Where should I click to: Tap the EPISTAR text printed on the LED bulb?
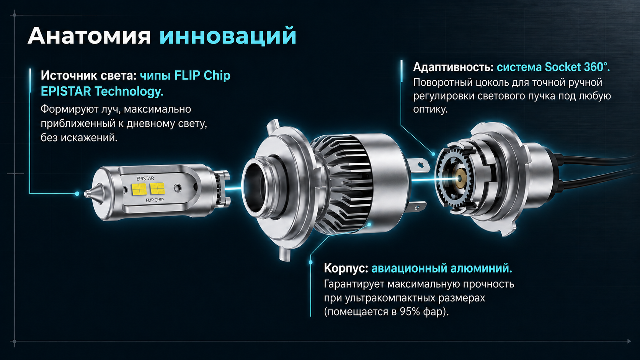tap(145, 179)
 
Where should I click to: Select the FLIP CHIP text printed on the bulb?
tap(155, 200)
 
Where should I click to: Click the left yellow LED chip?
tap(139, 189)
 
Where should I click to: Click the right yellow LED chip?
tap(157, 188)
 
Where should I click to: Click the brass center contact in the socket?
tap(460, 178)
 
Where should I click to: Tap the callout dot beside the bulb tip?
tap(77, 194)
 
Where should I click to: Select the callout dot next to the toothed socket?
tap(433, 154)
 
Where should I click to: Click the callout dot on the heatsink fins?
tap(369, 225)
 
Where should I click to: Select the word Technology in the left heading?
tap(129, 91)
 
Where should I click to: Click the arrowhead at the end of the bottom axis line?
tap(629, 341)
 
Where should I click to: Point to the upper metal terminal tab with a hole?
tap(419, 165)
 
